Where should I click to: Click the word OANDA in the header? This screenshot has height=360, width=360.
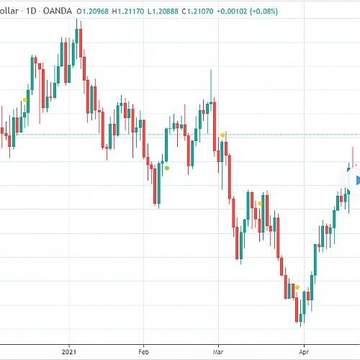58,11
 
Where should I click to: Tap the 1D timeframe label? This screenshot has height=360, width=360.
31,11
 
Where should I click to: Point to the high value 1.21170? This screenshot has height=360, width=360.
131,12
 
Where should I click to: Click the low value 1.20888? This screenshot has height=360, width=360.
165,12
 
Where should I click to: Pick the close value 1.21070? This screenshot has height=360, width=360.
200,12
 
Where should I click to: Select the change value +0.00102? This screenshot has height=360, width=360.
232,12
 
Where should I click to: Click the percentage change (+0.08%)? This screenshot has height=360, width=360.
264,12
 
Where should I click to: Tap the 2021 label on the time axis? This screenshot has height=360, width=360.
69,352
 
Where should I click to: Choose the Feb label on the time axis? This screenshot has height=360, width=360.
143,352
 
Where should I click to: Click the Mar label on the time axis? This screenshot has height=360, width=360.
218,352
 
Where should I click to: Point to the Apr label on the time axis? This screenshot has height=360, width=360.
304,352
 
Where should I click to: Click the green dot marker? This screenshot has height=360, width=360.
167,168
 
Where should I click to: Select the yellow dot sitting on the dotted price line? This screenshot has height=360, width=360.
222,135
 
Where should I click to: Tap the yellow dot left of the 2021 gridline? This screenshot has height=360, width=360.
25,100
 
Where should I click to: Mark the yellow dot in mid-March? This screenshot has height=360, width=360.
260,204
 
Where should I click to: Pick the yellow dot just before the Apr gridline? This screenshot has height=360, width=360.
297,287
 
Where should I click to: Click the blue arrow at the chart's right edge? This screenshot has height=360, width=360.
358,181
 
